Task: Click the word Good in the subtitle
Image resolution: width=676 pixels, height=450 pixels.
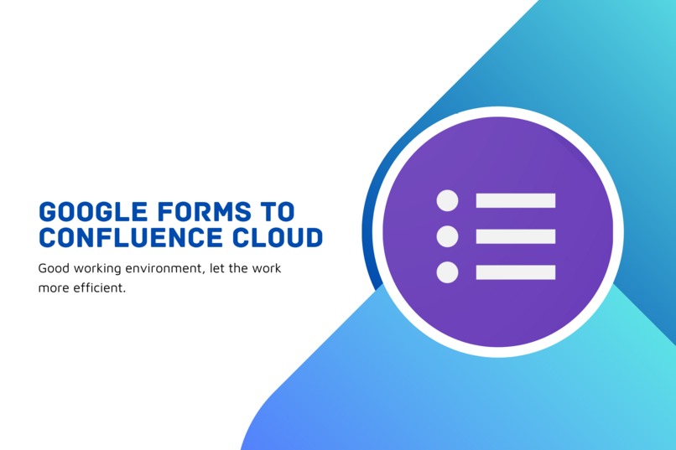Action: tap(52, 269)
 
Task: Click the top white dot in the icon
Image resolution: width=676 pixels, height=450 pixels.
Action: tap(448, 200)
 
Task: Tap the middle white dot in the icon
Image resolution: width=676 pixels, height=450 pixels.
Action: tap(448, 236)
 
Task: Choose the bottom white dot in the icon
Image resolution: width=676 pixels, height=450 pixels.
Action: tap(448, 272)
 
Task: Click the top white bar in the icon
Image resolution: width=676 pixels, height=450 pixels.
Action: tap(515, 200)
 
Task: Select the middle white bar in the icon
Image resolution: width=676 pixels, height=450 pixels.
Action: tap(515, 236)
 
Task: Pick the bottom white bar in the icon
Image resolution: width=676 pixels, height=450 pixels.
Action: tap(515, 272)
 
